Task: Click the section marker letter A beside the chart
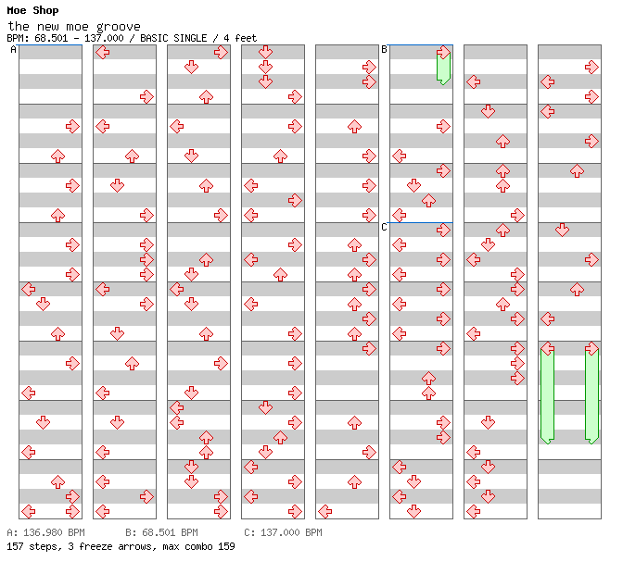tap(14, 50)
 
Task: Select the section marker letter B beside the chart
tap(385, 50)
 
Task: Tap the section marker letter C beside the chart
tap(385, 228)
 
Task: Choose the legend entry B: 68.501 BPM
tap(161, 533)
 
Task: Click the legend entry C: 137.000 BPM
tap(283, 533)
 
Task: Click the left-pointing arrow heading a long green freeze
tap(547, 349)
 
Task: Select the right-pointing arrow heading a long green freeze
tap(591, 349)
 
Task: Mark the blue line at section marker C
tap(421, 222)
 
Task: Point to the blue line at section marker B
tap(421, 44)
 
